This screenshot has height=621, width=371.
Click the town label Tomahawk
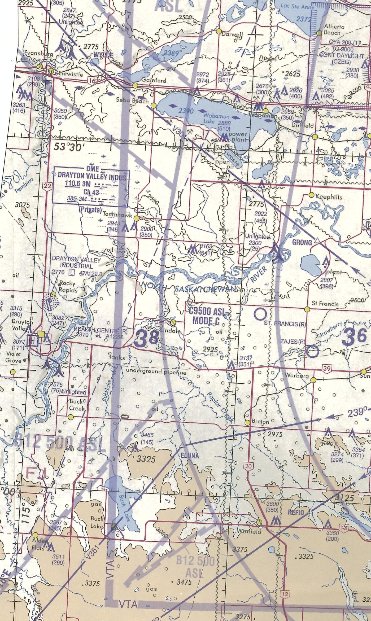117,215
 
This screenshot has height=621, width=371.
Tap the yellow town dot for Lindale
173,322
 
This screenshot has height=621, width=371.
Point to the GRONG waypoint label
302,242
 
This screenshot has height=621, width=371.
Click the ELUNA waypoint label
190,456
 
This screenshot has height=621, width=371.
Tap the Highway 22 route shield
47,186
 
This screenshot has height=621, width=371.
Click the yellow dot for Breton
247,422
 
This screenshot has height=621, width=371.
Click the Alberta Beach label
334,30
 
